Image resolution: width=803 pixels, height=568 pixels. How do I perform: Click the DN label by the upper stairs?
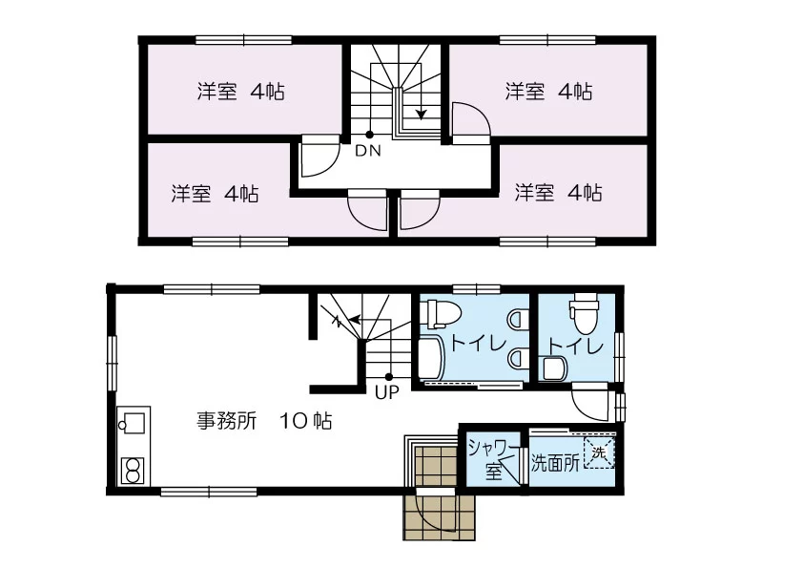pos(368,151)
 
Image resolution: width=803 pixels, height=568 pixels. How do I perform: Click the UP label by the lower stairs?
pos(386,392)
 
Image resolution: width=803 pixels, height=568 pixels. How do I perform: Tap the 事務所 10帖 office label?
pos(264,421)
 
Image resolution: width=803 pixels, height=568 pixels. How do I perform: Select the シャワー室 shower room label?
pos(494,459)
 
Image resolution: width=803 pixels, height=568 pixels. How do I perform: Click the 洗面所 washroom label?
pos(555,463)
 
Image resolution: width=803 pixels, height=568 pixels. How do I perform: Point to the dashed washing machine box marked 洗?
pos(600,452)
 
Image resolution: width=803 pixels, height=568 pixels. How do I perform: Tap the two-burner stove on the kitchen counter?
pos(133,471)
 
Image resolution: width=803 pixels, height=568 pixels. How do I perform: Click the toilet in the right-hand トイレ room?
pos(584,313)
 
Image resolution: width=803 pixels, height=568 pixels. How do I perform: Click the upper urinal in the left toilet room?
pos(518,320)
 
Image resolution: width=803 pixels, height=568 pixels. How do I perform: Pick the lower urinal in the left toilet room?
pos(518,358)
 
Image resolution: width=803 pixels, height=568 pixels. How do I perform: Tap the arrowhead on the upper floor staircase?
pos(421,115)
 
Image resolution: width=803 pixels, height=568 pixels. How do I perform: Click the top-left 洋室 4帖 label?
pos(240,92)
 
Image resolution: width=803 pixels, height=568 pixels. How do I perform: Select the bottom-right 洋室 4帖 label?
pos(558,193)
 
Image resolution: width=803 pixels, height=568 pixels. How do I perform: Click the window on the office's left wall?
pos(112,363)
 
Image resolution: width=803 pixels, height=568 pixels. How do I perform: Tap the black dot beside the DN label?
pos(369,136)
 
